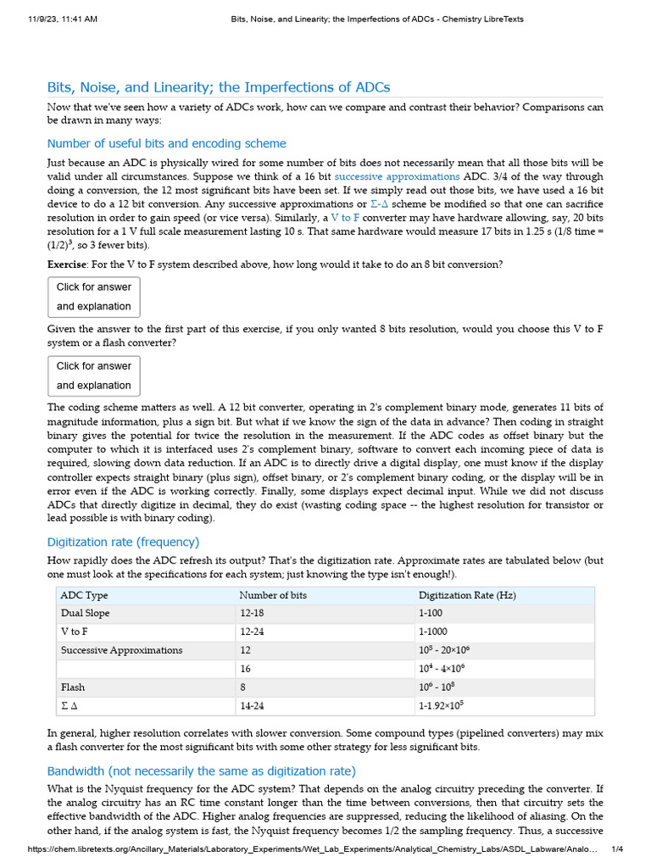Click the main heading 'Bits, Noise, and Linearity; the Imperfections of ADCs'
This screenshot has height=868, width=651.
(x=219, y=87)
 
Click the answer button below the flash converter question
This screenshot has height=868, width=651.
(x=93, y=376)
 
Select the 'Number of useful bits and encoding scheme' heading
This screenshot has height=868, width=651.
(x=166, y=143)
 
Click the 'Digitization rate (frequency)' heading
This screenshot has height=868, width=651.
(x=123, y=542)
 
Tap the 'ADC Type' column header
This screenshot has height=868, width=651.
(x=85, y=595)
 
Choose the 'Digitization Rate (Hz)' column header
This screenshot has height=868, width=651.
(x=467, y=595)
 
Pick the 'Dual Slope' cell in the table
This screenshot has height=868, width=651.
(x=85, y=613)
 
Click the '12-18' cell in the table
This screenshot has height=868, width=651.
(x=253, y=613)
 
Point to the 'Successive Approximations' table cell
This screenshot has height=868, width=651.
(x=121, y=650)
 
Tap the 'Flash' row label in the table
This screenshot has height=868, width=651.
(x=73, y=687)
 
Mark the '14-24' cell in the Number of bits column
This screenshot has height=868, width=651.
(x=253, y=705)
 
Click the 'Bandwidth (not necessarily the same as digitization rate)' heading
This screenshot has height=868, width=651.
(x=202, y=771)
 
